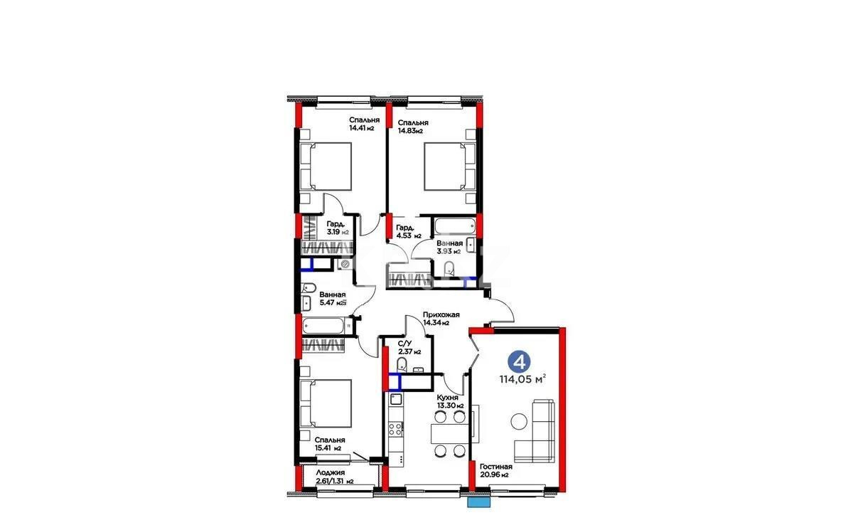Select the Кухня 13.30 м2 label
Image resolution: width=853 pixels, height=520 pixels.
pos(450,401)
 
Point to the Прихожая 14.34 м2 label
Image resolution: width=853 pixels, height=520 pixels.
pos(441,319)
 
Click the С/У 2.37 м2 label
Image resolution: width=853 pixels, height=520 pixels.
pos(409,347)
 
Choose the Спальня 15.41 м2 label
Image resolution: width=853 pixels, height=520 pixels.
pos(329,444)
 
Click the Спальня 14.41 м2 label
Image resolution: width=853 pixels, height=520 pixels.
pos(363,124)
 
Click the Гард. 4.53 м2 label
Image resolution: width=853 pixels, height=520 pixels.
pos(409,231)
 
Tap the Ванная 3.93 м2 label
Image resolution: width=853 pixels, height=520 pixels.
pos(449,247)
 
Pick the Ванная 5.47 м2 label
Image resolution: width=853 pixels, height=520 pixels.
pos(332,298)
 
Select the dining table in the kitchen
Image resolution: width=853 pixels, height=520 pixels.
pos(449,433)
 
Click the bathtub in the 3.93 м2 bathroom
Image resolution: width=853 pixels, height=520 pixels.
pos(454,227)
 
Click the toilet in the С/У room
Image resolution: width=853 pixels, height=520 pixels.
pos(401,366)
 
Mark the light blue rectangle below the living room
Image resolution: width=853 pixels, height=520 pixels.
pos(478,502)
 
